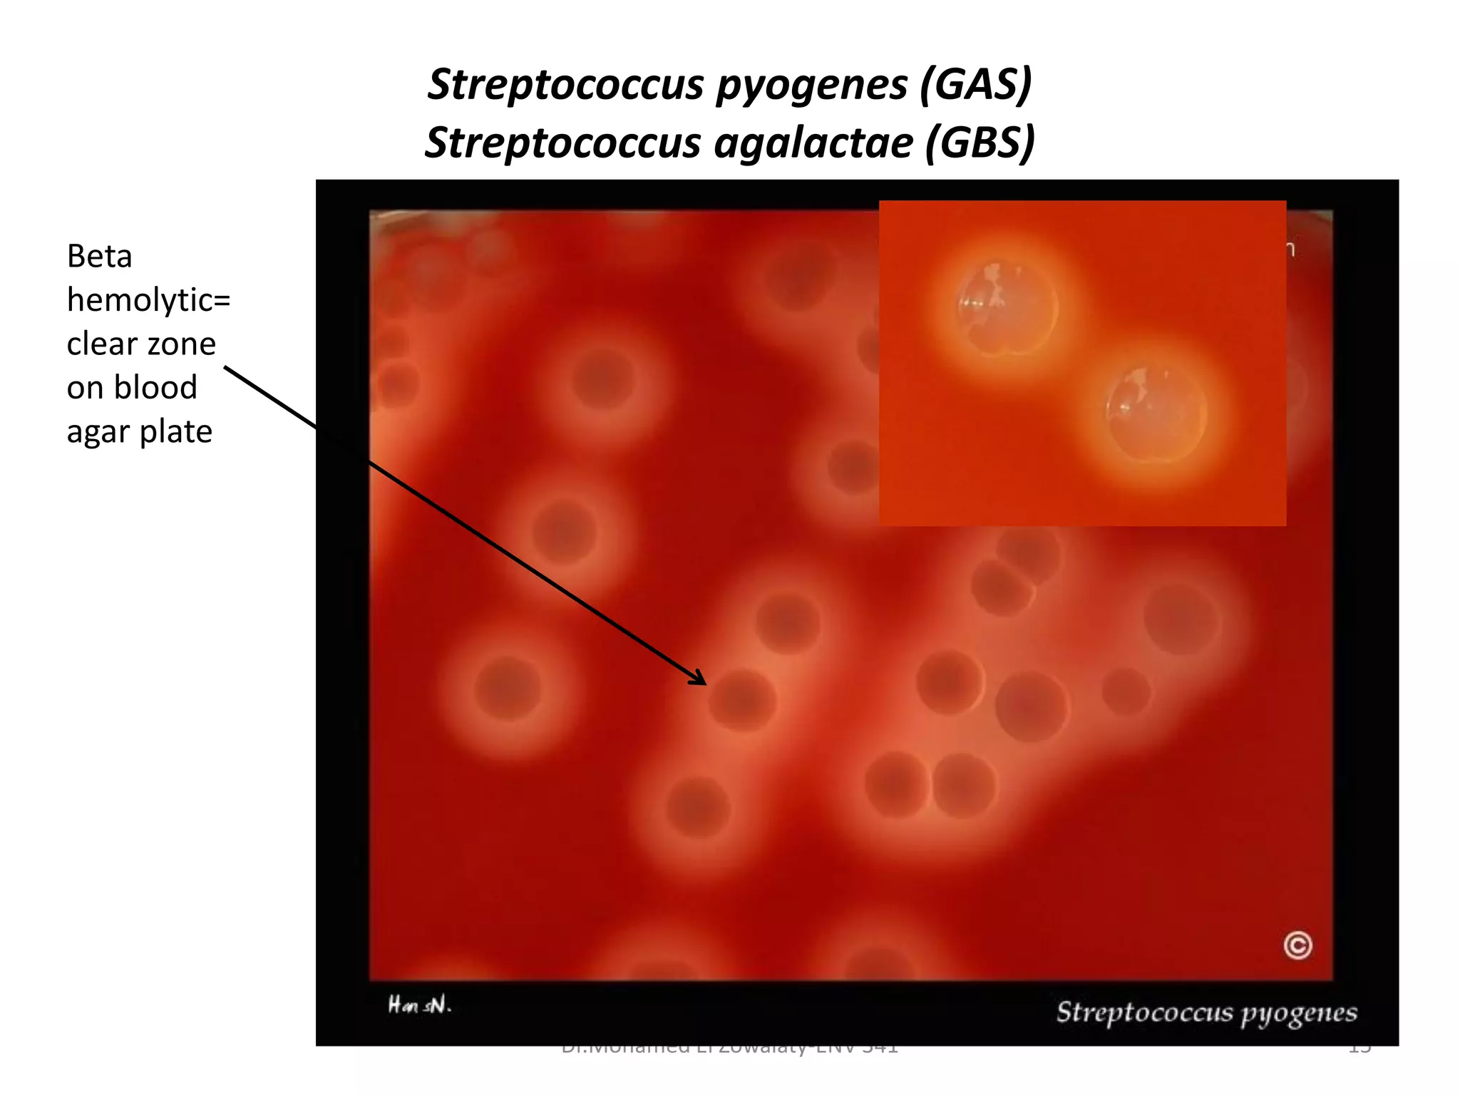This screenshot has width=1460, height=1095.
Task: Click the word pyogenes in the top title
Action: click(811, 85)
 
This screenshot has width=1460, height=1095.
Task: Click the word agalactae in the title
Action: click(813, 143)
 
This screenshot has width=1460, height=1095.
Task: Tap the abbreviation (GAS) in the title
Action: click(975, 85)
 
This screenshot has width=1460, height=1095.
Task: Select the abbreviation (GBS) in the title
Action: click(980, 143)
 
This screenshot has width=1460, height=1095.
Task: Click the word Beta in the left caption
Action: click(99, 257)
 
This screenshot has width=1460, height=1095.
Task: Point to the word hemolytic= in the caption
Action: click(148, 300)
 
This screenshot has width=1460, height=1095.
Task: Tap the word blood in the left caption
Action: click(155, 388)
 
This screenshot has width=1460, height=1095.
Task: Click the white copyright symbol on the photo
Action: click(1297, 945)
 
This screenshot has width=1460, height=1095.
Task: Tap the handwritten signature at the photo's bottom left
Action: click(419, 1005)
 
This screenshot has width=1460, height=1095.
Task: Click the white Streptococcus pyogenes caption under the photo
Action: click(1206, 1012)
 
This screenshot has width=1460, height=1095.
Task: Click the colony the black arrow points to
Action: click(742, 700)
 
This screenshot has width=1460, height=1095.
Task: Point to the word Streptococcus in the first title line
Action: click(566, 85)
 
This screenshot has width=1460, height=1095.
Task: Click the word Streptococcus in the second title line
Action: click(563, 143)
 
